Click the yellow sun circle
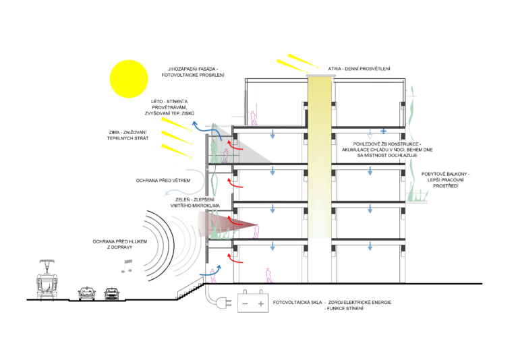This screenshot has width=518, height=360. tap(129, 79)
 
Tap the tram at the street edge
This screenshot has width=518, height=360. tap(47, 280)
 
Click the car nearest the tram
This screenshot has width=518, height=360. tap(87, 293)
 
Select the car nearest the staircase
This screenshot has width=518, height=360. tap(112, 294)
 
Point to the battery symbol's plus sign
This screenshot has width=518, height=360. tap(261, 303)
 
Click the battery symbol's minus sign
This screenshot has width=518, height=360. tap(245, 303)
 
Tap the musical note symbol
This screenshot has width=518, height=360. tap(127, 266)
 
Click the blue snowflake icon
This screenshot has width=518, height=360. tap(383, 131)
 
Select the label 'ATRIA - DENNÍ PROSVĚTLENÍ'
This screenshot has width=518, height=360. tap(359, 69)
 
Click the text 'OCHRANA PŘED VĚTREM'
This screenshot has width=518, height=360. tap(163, 181)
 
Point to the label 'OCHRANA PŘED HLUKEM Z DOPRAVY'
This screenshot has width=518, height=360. tap(120, 245)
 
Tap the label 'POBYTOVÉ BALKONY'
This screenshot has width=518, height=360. tap(444, 174)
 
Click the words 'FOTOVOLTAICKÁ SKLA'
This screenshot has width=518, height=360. tap(297, 302)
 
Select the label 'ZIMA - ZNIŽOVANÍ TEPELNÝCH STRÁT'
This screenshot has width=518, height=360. tap(128, 136)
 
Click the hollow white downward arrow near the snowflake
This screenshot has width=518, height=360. tap(370, 134)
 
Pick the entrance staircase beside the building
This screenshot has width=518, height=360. tap(191, 289)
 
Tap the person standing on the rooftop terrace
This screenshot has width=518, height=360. tap(254, 118)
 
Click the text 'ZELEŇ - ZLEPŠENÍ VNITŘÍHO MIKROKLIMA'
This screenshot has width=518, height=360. tap(195, 202)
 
